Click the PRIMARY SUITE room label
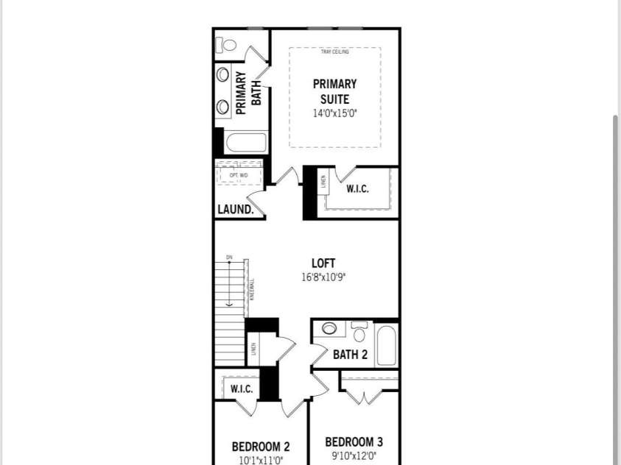[334, 92]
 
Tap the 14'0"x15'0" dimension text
[334, 113]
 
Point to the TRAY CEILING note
[334, 52]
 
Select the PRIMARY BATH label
[248, 93]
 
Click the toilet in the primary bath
[228, 45]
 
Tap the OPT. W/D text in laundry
[239, 175]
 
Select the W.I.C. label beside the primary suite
[357, 189]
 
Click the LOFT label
[323, 263]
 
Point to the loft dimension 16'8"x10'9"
[323, 277]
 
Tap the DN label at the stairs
[229, 257]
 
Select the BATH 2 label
[350, 355]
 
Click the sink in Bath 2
[329, 329]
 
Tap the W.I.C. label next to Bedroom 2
[242, 388]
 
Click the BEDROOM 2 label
[261, 447]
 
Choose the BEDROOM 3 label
[354, 442]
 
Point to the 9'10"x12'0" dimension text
[354, 456]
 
